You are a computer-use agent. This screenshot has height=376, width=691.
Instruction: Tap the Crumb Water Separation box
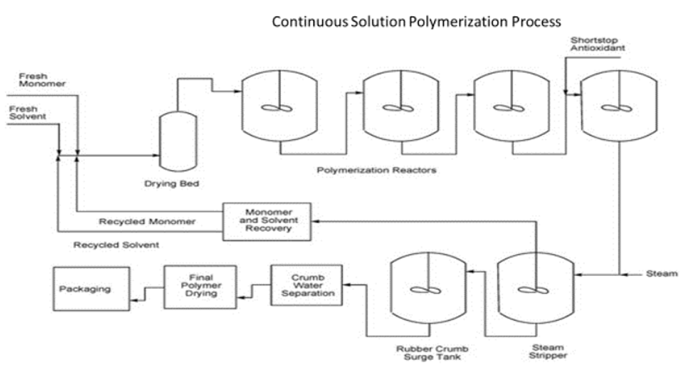click(306, 285)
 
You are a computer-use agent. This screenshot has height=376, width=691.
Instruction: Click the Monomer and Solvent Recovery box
click(266, 221)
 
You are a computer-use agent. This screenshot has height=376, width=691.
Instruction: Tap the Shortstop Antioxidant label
click(597, 44)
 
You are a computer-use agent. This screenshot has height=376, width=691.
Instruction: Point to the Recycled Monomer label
click(147, 222)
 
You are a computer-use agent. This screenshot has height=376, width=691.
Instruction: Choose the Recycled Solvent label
click(116, 245)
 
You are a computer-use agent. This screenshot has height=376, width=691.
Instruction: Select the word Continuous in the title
click(310, 22)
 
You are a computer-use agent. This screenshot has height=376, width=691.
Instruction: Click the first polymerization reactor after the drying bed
click(279, 107)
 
